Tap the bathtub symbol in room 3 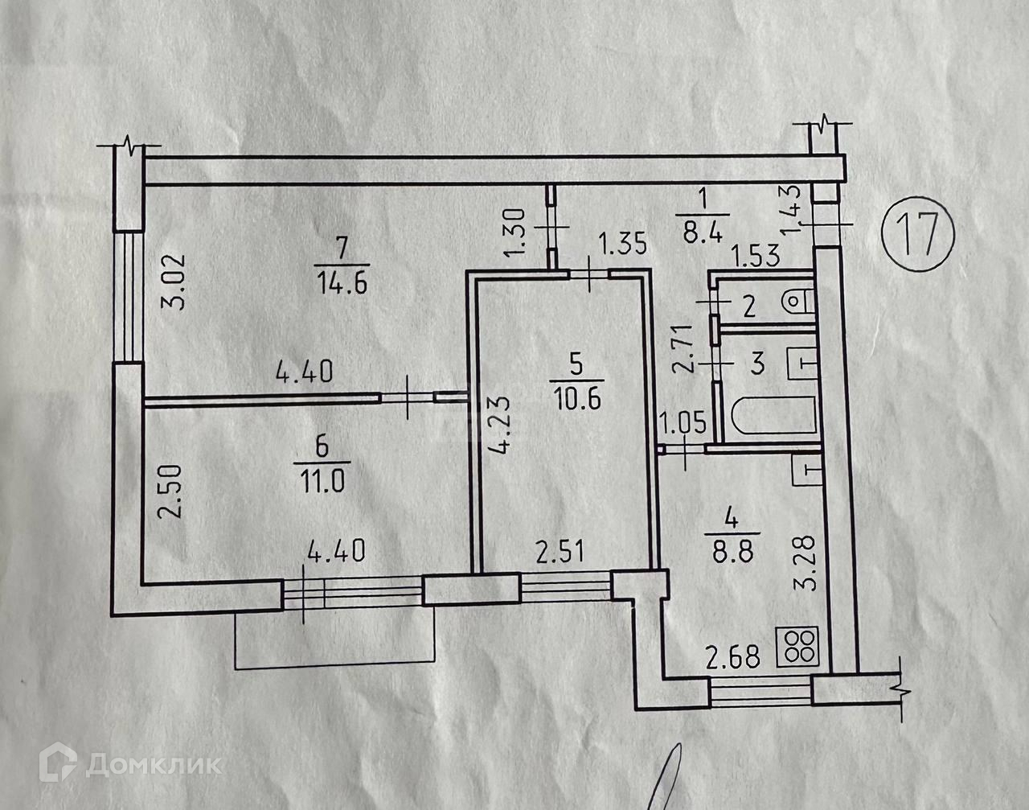(773, 416)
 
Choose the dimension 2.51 (561, 553)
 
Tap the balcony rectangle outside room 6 (334, 639)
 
